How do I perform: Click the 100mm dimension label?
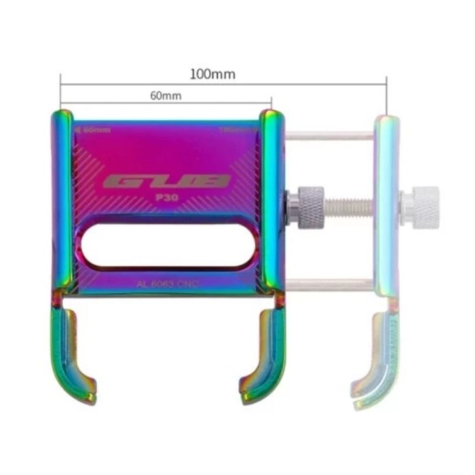[x=212, y=74]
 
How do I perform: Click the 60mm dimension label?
[x=166, y=96]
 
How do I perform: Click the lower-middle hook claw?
[x=261, y=353]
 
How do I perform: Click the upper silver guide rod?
[x=329, y=136]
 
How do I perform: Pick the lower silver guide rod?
[x=329, y=285]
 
